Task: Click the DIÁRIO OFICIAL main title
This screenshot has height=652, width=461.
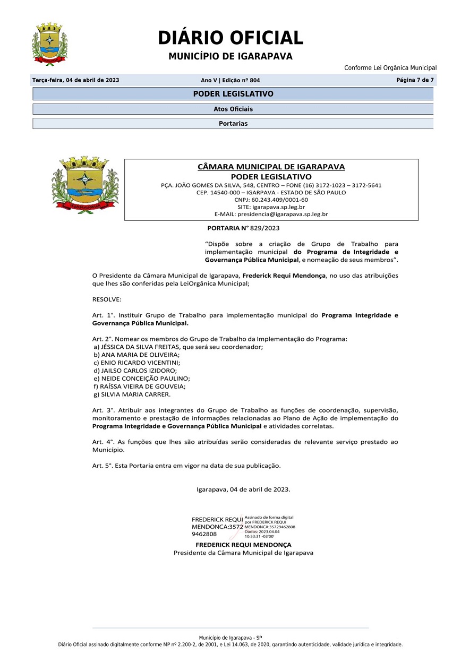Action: click(230, 38)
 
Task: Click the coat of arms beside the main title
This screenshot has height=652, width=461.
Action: click(50, 44)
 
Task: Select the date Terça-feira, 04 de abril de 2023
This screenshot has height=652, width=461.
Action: click(76, 80)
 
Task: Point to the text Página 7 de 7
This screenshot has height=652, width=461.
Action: click(415, 80)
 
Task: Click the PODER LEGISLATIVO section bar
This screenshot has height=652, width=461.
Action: click(233, 94)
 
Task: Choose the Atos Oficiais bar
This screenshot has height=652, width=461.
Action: click(233, 109)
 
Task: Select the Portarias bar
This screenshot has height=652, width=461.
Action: click(233, 124)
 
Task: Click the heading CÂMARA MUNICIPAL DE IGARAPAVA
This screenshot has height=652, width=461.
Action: click(271, 167)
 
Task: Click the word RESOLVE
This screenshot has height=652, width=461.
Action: click(107, 299)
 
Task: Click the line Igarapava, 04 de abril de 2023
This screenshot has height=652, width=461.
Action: click(243, 489)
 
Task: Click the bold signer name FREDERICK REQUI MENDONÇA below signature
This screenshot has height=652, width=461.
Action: click(243, 545)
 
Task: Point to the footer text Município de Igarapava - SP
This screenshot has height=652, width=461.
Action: click(230, 638)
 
